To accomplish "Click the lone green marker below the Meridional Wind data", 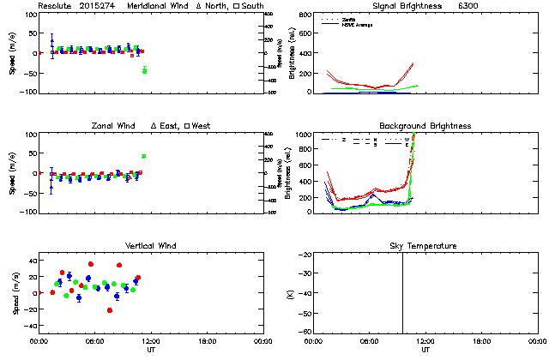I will point(144,70).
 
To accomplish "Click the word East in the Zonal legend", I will point(171,126).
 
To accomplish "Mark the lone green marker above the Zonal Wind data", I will point(143,156).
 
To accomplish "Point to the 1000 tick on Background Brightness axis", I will point(302,135).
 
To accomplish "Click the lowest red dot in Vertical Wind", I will point(110,310).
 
